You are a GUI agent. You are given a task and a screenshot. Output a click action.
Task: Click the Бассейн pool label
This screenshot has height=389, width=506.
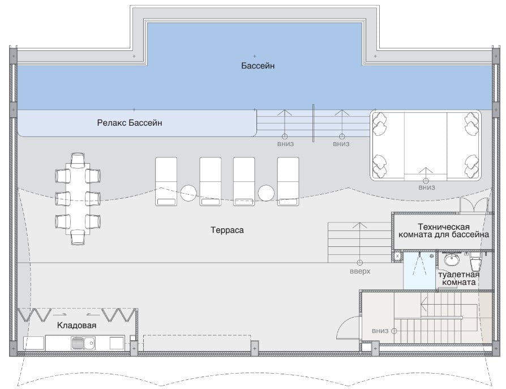point(258,66)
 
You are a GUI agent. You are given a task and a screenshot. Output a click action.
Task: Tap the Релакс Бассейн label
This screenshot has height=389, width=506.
point(130,123)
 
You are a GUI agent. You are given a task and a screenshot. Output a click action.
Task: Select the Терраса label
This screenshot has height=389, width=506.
point(227,230)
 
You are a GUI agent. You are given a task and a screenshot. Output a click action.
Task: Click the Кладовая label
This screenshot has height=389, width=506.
point(76,325)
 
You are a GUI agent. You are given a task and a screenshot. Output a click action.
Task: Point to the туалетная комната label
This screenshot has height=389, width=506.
point(458,278)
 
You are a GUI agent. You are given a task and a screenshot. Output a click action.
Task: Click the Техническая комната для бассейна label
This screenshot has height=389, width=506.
point(444,230)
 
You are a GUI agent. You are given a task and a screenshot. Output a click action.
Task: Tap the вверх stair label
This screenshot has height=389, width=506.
point(360,271)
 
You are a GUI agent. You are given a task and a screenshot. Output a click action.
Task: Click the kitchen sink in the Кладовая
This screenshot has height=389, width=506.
point(83,343)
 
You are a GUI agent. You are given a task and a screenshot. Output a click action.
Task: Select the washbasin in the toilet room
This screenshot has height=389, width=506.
point(452,259)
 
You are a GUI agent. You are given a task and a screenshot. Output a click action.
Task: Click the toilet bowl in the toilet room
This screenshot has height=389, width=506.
point(475,262)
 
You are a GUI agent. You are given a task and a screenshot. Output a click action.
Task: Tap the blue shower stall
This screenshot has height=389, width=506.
point(419,271)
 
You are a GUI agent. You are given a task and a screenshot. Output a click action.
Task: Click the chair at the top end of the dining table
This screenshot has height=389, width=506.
point(78,160)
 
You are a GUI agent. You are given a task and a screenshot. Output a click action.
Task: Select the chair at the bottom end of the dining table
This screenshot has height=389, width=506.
point(78,237)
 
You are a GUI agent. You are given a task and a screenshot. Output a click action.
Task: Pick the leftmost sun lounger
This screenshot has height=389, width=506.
point(166,181)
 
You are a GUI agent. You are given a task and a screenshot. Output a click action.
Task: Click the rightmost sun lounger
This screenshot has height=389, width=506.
point(288,181)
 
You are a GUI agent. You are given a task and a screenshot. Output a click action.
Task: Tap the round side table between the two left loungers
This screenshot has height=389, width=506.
point(188,193)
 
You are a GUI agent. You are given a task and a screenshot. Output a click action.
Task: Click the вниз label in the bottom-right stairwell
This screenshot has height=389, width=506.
point(380,331)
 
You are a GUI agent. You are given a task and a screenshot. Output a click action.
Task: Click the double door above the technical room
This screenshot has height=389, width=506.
point(473,206)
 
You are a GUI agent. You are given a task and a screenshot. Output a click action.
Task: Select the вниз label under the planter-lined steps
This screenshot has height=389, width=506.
point(427,187)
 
